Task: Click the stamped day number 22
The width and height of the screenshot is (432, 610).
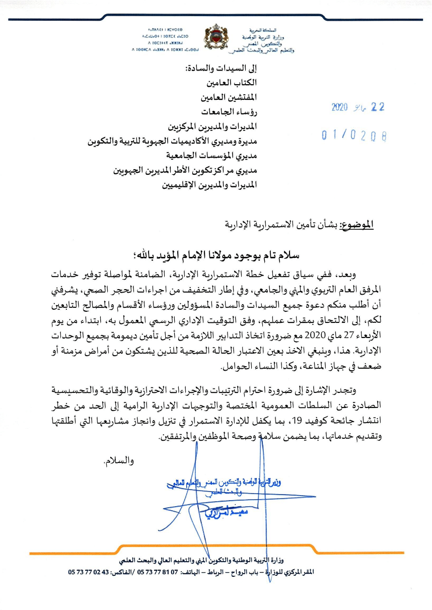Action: (x=377, y=107)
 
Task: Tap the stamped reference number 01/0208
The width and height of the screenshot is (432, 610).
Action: (x=354, y=135)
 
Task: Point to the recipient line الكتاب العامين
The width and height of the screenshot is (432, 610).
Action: (x=232, y=82)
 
